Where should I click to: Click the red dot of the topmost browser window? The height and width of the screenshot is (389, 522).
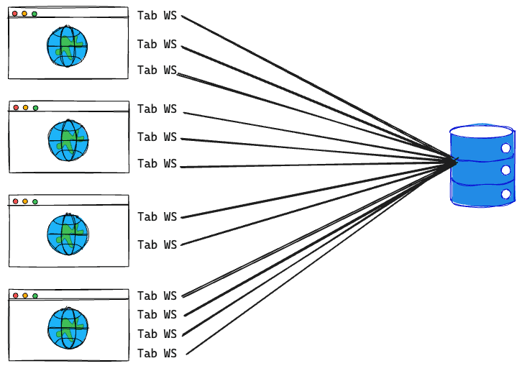tap(14, 14)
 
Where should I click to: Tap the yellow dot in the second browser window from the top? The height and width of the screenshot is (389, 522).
tap(25, 108)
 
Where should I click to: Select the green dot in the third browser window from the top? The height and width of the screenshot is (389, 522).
tap(35, 202)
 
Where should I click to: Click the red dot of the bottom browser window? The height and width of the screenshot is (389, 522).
tap(14, 296)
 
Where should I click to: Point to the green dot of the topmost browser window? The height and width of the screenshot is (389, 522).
tap(35, 14)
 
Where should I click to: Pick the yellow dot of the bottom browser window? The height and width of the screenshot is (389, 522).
tap(24, 296)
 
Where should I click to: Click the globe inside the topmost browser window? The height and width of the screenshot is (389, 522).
tap(67, 47)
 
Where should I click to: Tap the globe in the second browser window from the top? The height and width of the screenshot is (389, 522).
tap(68, 140)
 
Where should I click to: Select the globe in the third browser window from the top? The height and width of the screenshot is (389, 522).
tap(68, 234)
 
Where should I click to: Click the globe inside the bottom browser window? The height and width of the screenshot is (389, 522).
tap(68, 328)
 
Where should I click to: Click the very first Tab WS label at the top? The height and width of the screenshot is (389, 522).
tap(157, 16)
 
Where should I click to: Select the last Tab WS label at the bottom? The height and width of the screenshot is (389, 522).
tap(157, 354)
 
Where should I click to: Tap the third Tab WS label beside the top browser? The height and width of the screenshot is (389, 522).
tap(157, 70)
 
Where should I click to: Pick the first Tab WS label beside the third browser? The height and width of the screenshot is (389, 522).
tap(157, 217)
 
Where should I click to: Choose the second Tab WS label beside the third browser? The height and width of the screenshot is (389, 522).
tap(157, 245)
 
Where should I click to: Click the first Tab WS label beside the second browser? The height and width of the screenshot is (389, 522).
tap(157, 109)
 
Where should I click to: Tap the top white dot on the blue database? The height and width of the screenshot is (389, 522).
tap(505, 148)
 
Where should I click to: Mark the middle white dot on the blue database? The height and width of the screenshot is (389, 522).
tap(505, 171)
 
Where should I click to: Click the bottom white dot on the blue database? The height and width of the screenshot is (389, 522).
tap(505, 194)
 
